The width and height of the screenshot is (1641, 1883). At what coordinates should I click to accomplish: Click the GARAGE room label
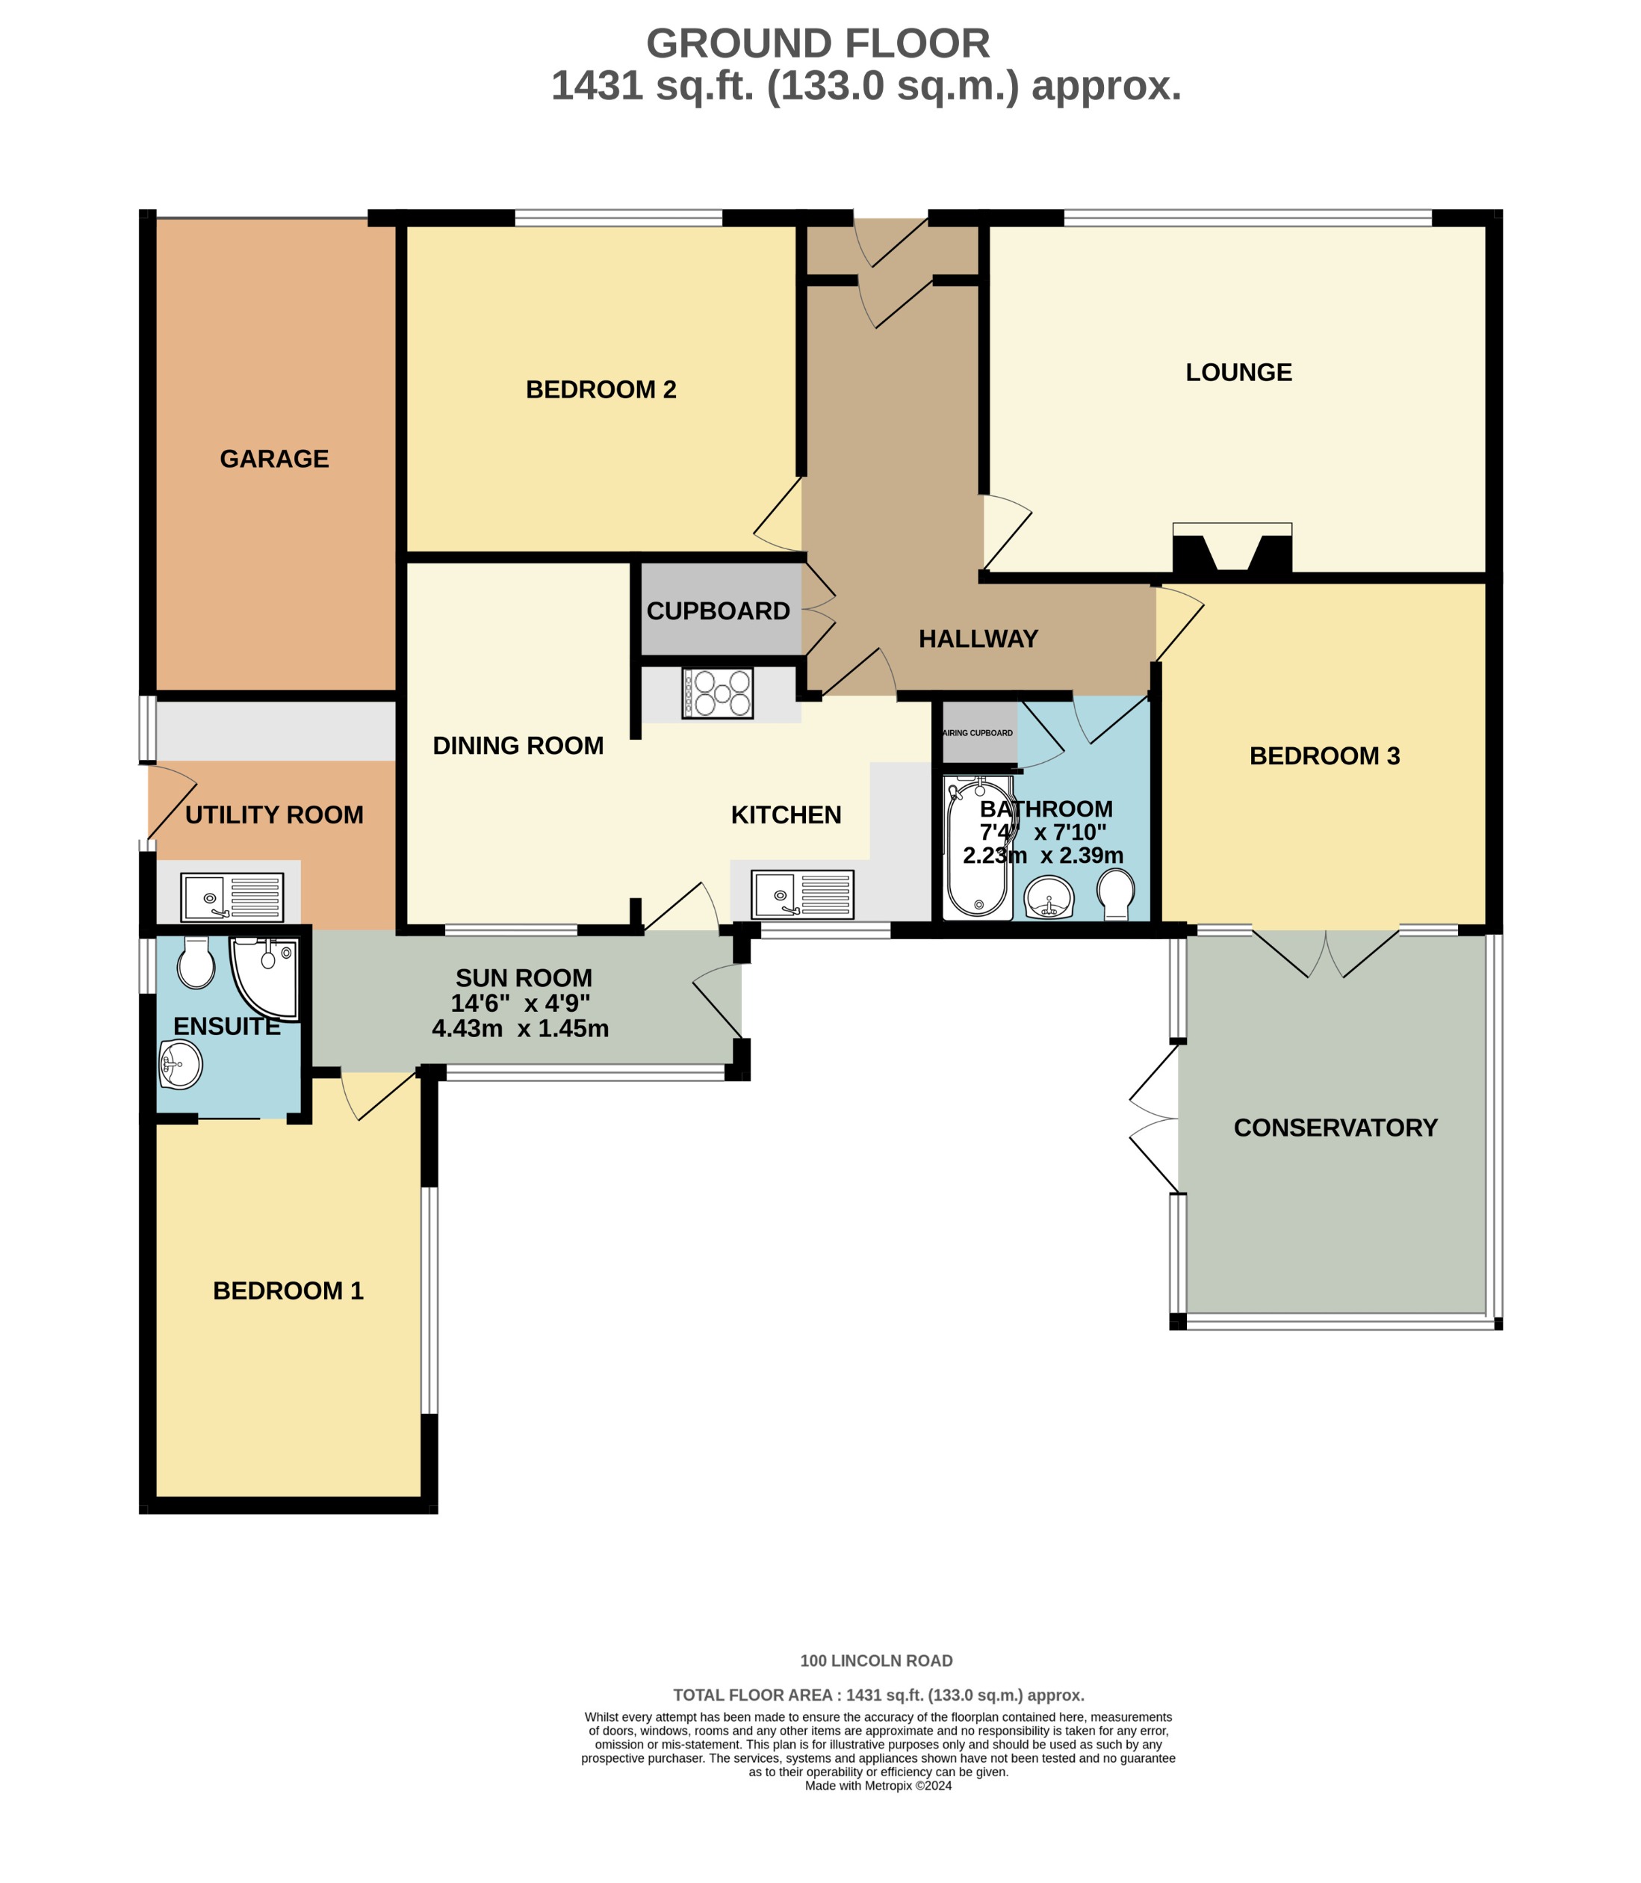[274, 459]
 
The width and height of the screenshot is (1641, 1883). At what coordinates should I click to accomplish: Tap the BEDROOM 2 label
[601, 389]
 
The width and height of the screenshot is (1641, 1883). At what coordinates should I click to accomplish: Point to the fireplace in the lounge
[1232, 549]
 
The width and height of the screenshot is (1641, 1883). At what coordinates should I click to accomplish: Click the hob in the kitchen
[717, 693]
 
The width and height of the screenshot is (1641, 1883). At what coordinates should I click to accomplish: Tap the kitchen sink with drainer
[802, 894]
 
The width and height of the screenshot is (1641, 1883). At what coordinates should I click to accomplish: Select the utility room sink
[232, 897]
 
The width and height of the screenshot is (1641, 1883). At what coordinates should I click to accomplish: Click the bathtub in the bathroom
[979, 847]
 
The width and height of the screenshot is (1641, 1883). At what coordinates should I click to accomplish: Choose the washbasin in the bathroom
[1049, 897]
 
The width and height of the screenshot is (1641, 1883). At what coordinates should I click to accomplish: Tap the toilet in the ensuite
[195, 962]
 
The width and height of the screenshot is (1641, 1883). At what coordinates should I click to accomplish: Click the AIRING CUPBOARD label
[978, 733]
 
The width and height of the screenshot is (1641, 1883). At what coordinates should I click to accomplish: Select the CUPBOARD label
[718, 611]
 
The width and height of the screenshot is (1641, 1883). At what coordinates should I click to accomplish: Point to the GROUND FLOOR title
[818, 43]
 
